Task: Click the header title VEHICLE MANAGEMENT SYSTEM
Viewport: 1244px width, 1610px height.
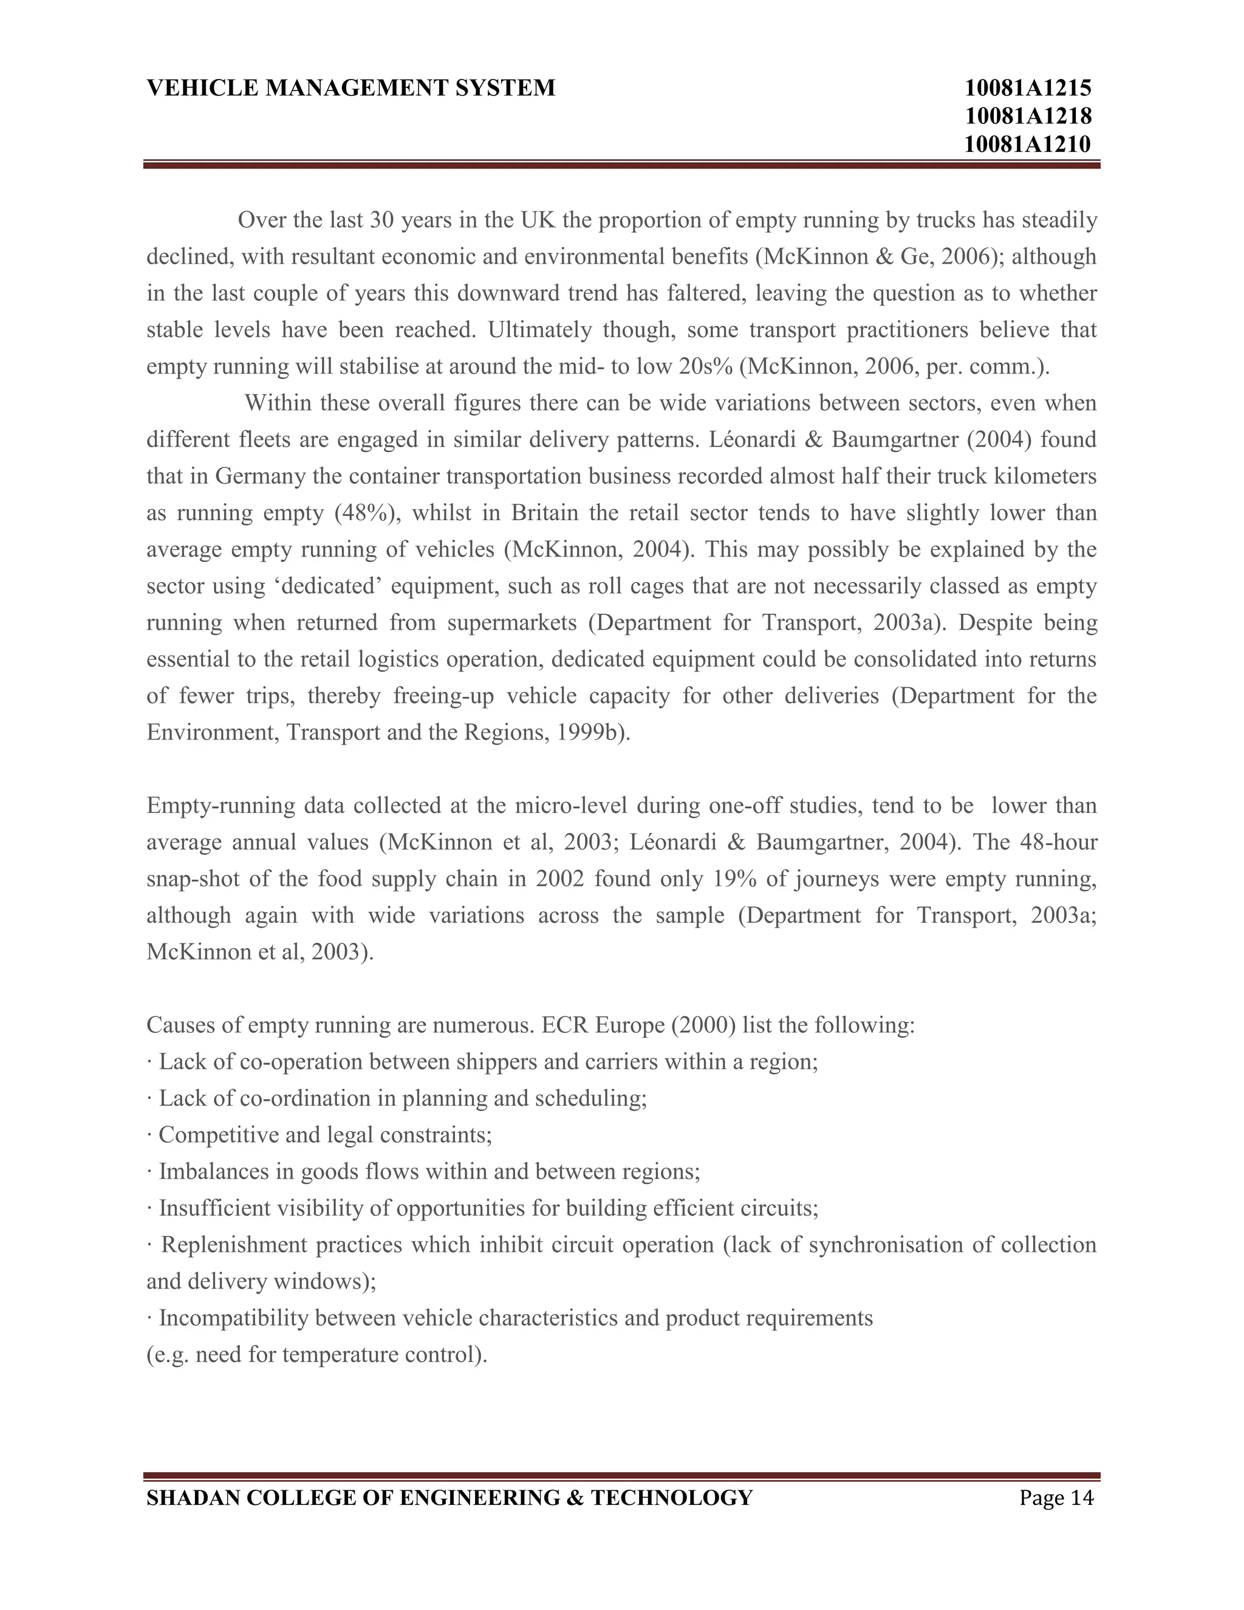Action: pyautogui.click(x=351, y=89)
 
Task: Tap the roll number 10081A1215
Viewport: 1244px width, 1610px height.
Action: pyautogui.click(x=1027, y=89)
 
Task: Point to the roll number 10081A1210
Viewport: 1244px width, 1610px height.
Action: pyautogui.click(x=1027, y=145)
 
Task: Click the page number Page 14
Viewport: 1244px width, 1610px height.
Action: pyautogui.click(x=1057, y=1498)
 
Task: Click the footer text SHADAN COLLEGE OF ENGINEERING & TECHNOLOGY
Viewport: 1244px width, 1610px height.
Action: pyautogui.click(x=449, y=1498)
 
